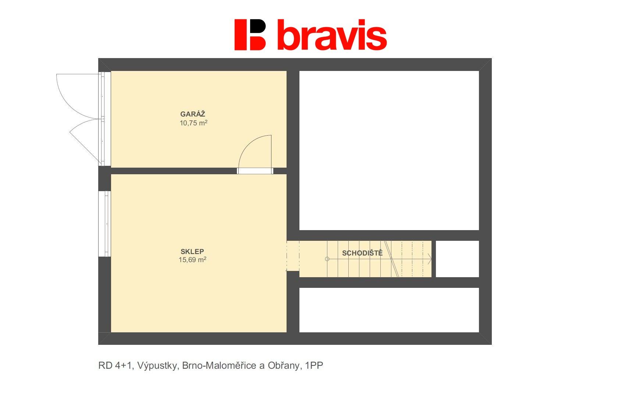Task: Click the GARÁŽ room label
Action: click(193, 114)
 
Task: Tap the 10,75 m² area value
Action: click(193, 123)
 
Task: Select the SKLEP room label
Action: click(192, 251)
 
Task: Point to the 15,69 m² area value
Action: click(192, 260)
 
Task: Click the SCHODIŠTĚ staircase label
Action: click(362, 253)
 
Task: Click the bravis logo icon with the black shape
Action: click(250, 35)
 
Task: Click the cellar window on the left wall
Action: click(105, 224)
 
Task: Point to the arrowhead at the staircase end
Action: click(430, 259)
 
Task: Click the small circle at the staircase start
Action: click(327, 259)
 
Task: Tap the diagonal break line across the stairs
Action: click(391, 259)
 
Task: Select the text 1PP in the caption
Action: click(314, 365)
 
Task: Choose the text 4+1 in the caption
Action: click(124, 365)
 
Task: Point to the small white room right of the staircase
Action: click(457, 259)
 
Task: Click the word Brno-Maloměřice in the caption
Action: click(219, 365)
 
